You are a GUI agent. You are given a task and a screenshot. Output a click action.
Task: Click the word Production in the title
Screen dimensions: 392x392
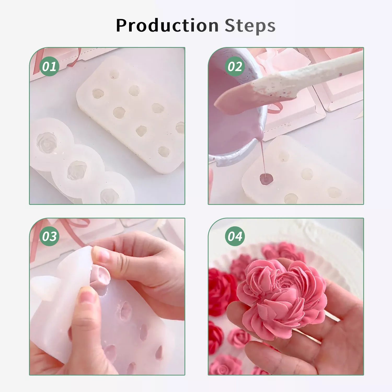(167, 25)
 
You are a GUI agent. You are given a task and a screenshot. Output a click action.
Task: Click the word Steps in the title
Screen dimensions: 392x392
(250, 26)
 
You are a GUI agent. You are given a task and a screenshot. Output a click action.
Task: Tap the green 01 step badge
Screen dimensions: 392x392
(49, 66)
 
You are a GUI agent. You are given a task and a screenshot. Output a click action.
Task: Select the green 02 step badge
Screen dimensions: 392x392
(235, 66)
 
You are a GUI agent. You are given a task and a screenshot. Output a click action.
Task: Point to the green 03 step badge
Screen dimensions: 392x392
(49, 236)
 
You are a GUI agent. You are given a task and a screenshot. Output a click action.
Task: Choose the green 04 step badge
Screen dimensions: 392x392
(235, 236)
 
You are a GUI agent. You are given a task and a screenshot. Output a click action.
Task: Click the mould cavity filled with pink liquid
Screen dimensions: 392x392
(266, 179)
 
